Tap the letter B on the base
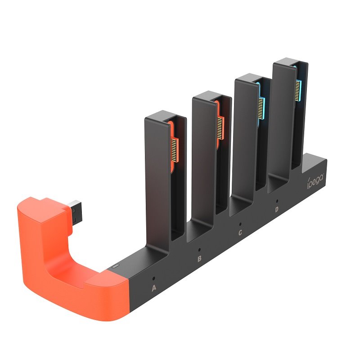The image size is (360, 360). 199,259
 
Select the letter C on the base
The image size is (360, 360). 240,232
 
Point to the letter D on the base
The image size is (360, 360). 276,209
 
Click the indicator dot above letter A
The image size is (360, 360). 154,278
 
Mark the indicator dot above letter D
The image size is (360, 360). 277,201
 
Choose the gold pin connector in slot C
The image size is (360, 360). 260,107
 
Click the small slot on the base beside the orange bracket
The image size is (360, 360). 115,267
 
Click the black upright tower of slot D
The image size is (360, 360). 283,121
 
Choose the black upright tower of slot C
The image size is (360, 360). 245,135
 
